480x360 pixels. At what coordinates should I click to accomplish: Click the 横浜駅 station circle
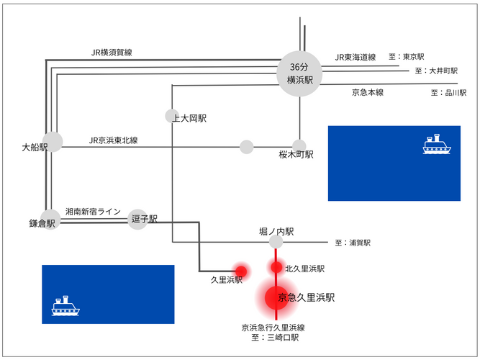tap(299, 71)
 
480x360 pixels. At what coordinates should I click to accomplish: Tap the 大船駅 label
tap(35, 148)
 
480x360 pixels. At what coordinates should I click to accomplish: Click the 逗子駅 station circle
tap(138, 219)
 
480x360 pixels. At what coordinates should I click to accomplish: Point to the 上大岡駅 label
tap(190, 118)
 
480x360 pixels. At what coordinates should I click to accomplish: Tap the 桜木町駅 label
tap(296, 155)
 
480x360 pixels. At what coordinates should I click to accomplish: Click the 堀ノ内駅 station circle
tap(276, 243)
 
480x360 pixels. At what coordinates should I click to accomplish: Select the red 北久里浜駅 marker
tap(276, 268)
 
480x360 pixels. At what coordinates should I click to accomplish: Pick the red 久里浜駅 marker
tap(241, 271)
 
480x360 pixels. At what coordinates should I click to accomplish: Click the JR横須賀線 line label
tap(112, 53)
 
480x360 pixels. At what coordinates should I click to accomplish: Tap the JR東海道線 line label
tap(356, 58)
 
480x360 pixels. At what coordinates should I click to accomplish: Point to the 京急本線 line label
tap(368, 92)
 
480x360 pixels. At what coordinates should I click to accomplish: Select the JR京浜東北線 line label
tap(114, 140)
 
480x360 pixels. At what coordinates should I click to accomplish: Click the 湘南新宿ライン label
tap(93, 212)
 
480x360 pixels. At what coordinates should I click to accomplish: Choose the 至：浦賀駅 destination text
tap(353, 243)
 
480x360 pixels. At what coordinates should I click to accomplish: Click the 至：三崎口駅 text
tap(275, 337)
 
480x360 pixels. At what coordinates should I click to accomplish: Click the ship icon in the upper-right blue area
tap(436, 144)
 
